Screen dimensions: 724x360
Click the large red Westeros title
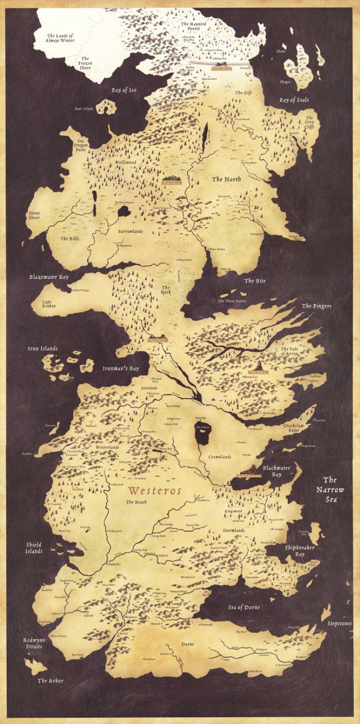click(155, 490)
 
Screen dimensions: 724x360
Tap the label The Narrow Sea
click(329, 489)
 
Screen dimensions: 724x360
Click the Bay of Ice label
click(124, 90)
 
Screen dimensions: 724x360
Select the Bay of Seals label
click(294, 100)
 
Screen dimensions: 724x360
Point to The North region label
click(226, 179)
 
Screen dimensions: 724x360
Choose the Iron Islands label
click(42, 349)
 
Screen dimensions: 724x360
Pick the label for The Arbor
click(51, 681)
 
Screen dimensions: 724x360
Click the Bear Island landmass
click(107, 107)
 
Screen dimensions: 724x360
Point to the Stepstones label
click(339, 624)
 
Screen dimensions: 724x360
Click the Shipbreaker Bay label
click(299, 551)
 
